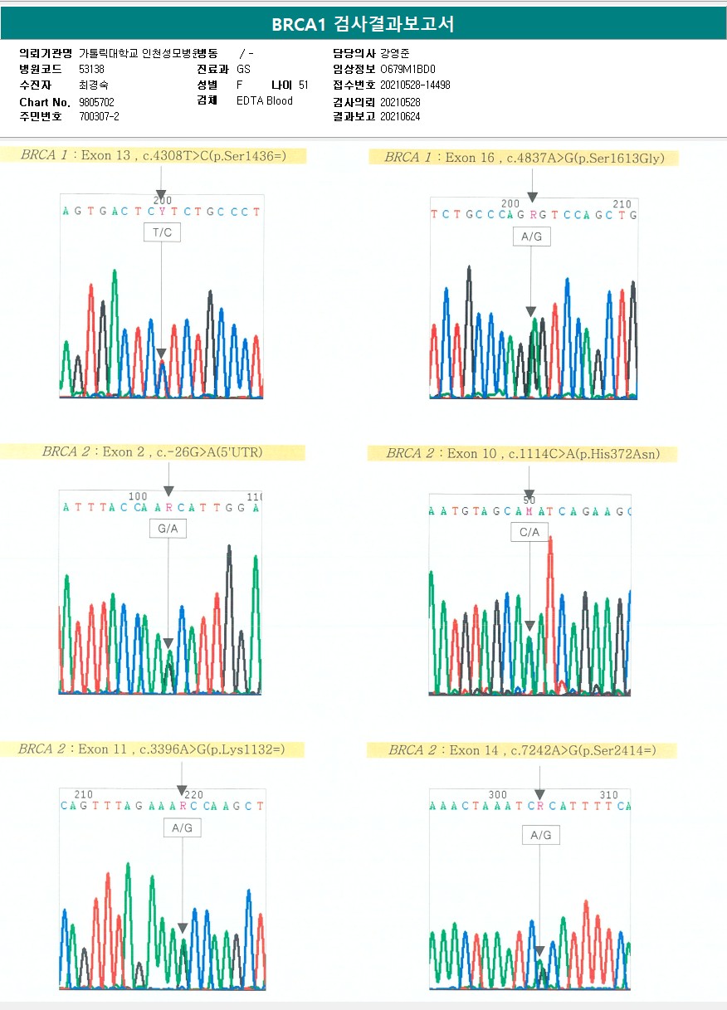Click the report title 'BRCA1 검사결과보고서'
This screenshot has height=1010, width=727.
point(363,23)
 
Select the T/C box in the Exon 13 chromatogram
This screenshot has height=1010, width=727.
point(161,233)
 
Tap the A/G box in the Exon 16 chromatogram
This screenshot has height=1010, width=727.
point(531,237)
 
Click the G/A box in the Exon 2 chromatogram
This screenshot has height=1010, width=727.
point(168,528)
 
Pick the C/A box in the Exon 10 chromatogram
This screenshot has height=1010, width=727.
point(529,532)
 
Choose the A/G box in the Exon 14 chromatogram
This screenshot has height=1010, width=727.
point(540,835)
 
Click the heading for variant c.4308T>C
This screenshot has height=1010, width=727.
point(154,155)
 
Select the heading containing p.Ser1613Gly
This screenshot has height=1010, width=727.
point(524,158)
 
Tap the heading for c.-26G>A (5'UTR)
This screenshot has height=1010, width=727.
point(153,452)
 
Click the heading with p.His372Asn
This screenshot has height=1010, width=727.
point(523,454)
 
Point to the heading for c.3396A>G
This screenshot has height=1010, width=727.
point(152,749)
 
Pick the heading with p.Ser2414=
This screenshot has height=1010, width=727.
point(522,750)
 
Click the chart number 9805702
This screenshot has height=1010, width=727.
point(96,102)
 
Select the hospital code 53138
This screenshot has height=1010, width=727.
point(91,70)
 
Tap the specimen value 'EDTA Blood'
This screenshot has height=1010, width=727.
point(265,101)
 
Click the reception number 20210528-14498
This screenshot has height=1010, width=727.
point(415,85)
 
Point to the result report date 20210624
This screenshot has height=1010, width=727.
point(400,117)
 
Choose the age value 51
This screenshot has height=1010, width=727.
point(304,85)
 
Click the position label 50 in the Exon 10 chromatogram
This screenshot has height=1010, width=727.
point(529,500)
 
